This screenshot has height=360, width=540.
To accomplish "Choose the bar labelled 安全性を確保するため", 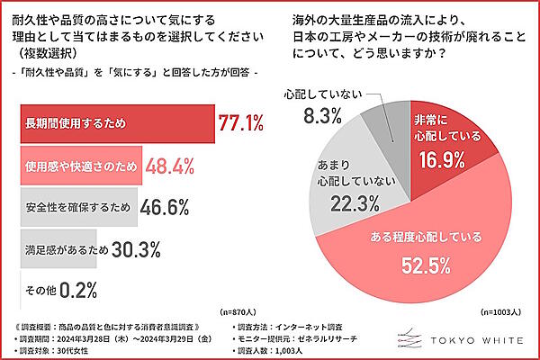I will [x=77, y=207].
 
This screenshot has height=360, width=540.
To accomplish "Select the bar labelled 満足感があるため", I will [x=58, y=247].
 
